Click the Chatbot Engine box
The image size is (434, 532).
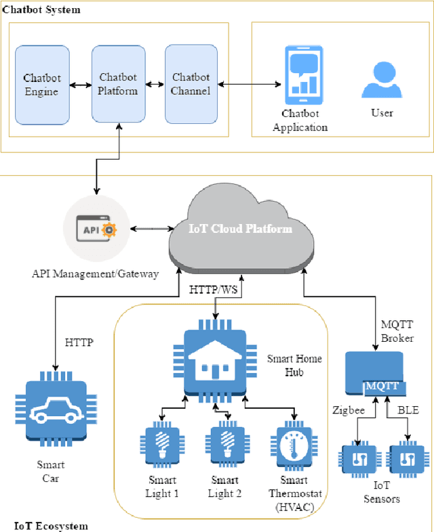41,85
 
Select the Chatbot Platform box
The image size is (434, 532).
119,85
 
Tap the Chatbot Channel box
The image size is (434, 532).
191,85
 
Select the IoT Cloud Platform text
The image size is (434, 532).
241,229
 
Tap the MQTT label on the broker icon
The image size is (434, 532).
384,386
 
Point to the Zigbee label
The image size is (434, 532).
349,410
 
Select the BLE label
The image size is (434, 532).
408,410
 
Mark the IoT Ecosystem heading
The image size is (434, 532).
51,525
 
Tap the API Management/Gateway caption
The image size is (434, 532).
95,274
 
